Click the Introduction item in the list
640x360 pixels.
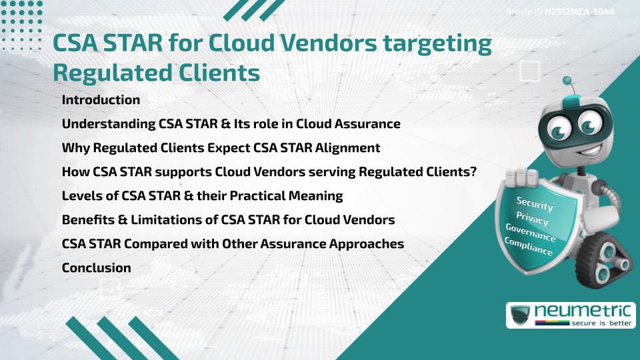(x=101, y=100)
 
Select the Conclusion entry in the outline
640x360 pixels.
(x=96, y=267)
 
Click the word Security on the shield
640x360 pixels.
(x=535, y=203)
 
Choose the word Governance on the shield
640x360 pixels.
(x=531, y=233)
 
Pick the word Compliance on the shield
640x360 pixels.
(x=529, y=247)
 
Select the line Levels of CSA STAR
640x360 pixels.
(x=202, y=196)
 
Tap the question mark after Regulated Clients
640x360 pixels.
(x=472, y=172)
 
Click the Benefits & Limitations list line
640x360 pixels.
(x=228, y=220)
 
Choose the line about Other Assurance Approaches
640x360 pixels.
(x=233, y=244)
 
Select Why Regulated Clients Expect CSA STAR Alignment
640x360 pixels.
(x=221, y=148)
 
